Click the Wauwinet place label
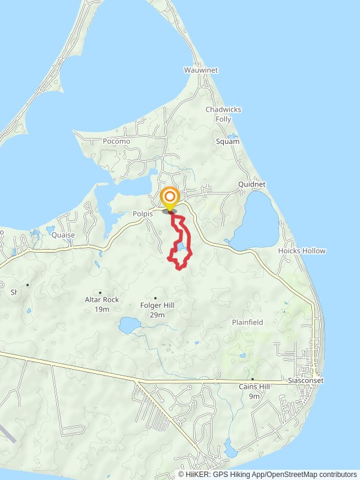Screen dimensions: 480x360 (201, 70)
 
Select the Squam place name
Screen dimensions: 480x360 (227, 142)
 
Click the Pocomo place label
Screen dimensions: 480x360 (116, 142)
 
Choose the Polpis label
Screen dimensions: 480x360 (144, 213)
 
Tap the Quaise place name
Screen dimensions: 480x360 (62, 235)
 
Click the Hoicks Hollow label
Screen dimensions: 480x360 (302, 251)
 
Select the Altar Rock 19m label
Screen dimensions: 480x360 (102, 304)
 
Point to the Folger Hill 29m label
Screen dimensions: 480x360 (157, 310)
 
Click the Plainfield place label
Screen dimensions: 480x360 (248, 322)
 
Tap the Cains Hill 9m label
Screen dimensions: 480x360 (254, 391)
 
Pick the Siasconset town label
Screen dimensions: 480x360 (305, 380)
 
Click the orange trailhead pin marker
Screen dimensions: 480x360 (170, 198)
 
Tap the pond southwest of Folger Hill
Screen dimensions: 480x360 (129, 325)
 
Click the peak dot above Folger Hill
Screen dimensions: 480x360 (155, 298)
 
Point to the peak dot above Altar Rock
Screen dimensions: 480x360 (100, 292)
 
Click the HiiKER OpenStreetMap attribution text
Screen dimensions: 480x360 (268, 474)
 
